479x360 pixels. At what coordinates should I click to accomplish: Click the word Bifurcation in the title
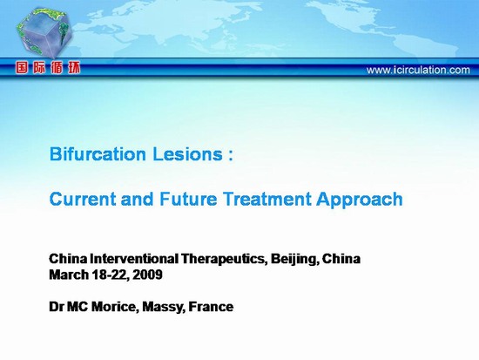coord(98,153)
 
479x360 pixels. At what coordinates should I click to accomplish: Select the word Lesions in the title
coord(187,153)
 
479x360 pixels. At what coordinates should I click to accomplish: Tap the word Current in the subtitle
coord(82,199)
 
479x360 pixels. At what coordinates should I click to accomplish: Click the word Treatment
coord(266,199)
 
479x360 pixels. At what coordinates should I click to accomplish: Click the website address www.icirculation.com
coord(418,70)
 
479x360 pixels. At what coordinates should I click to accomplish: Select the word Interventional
coord(134,259)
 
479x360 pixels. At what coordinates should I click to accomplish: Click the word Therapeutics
coord(224,260)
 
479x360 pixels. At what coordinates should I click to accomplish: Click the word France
coord(211,307)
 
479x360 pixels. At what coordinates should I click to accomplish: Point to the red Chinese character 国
coord(22,68)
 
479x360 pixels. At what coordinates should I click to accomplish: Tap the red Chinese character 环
coord(74,68)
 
